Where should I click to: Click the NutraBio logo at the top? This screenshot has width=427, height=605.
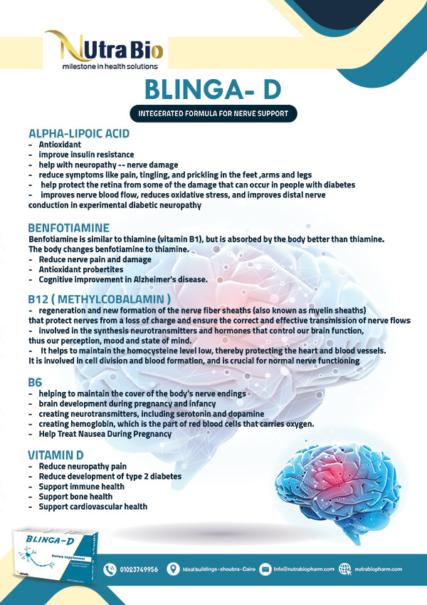coord(103,51)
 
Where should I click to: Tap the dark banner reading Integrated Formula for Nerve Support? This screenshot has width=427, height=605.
coord(213,114)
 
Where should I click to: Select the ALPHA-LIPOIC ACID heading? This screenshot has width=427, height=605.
coord(79,133)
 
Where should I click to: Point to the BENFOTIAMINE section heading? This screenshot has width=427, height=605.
coord(69,228)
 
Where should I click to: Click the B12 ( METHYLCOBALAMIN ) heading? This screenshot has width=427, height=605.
coord(100,299)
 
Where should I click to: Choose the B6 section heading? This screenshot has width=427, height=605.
coord(36,383)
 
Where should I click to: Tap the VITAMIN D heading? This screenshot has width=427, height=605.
coord(56,455)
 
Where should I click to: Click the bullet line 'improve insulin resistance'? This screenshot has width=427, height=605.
coord(86,154)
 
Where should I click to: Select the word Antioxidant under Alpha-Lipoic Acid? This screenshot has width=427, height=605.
coord(60,144)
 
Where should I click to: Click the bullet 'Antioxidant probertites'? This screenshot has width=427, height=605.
coord(81,269)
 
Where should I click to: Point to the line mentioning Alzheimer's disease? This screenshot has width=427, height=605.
coord(123,279)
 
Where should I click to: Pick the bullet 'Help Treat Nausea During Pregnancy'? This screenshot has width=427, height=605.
coord(105,433)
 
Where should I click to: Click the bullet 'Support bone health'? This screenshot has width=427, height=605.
coord(75,497)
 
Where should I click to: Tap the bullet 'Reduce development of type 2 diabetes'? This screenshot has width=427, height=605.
coord(110,476)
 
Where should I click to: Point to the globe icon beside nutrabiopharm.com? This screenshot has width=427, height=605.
coord(346,569)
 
